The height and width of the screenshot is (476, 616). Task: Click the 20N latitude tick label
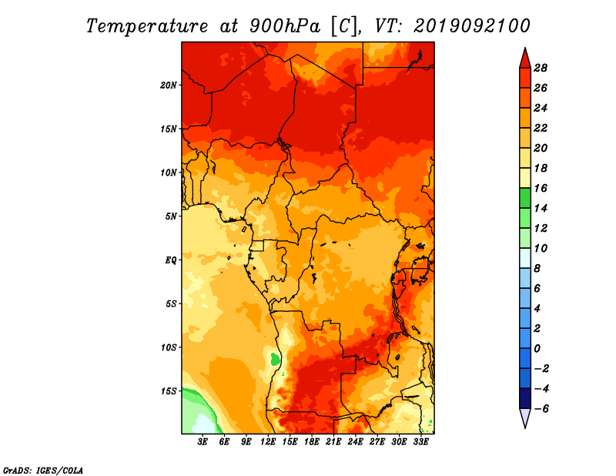(x=169, y=85)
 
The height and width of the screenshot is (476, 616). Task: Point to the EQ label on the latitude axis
(x=170, y=260)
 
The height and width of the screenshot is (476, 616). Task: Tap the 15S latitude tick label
(x=169, y=391)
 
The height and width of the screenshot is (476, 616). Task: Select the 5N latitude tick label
(x=171, y=216)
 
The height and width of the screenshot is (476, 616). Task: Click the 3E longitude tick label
(x=203, y=442)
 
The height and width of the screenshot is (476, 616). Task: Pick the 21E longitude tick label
(x=333, y=442)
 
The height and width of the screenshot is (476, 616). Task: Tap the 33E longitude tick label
(x=420, y=442)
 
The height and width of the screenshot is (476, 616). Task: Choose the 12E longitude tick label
(x=268, y=442)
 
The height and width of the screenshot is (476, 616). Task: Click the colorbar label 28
(x=541, y=68)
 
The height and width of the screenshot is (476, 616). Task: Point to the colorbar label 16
(x=541, y=188)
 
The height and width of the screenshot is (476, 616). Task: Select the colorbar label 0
(x=537, y=349)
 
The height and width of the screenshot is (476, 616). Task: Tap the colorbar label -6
(x=541, y=409)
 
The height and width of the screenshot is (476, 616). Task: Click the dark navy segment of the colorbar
(x=525, y=398)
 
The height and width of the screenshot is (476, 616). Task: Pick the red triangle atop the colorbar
(x=525, y=59)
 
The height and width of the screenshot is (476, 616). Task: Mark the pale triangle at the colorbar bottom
(x=525, y=417)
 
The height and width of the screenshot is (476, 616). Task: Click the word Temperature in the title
(x=147, y=26)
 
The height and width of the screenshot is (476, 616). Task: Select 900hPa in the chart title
(x=284, y=26)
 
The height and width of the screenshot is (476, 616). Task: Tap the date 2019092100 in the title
(x=471, y=26)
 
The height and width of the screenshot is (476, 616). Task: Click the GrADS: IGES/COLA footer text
(x=43, y=470)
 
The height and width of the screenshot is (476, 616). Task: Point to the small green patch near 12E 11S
(x=276, y=359)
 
